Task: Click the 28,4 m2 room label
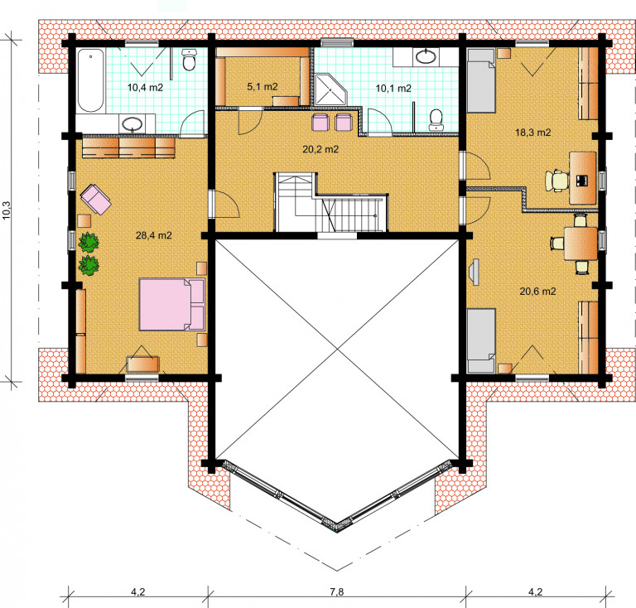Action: pos(154,235)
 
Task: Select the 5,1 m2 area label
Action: pos(263,86)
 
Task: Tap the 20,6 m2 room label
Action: pos(537,292)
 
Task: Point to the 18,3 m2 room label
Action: pos(533,133)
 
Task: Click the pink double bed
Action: pos(172,304)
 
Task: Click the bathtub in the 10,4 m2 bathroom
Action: pos(91,80)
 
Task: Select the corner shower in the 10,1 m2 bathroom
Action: pos(331,89)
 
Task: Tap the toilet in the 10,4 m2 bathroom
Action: pos(189,60)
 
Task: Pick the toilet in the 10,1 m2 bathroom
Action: pos(436,119)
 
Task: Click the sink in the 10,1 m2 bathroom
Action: pos(426,57)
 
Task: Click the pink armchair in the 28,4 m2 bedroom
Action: pos(96,199)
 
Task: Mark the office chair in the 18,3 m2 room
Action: pos(556,181)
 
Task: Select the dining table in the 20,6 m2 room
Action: pos(581,244)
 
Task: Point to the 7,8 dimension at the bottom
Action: pos(337,591)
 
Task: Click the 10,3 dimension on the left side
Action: pos(7,210)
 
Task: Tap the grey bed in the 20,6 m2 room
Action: pos(481,340)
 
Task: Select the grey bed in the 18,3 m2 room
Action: pos(481,80)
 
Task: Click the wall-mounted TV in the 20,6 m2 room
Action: pos(475,272)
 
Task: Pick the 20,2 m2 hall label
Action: pos(320,149)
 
